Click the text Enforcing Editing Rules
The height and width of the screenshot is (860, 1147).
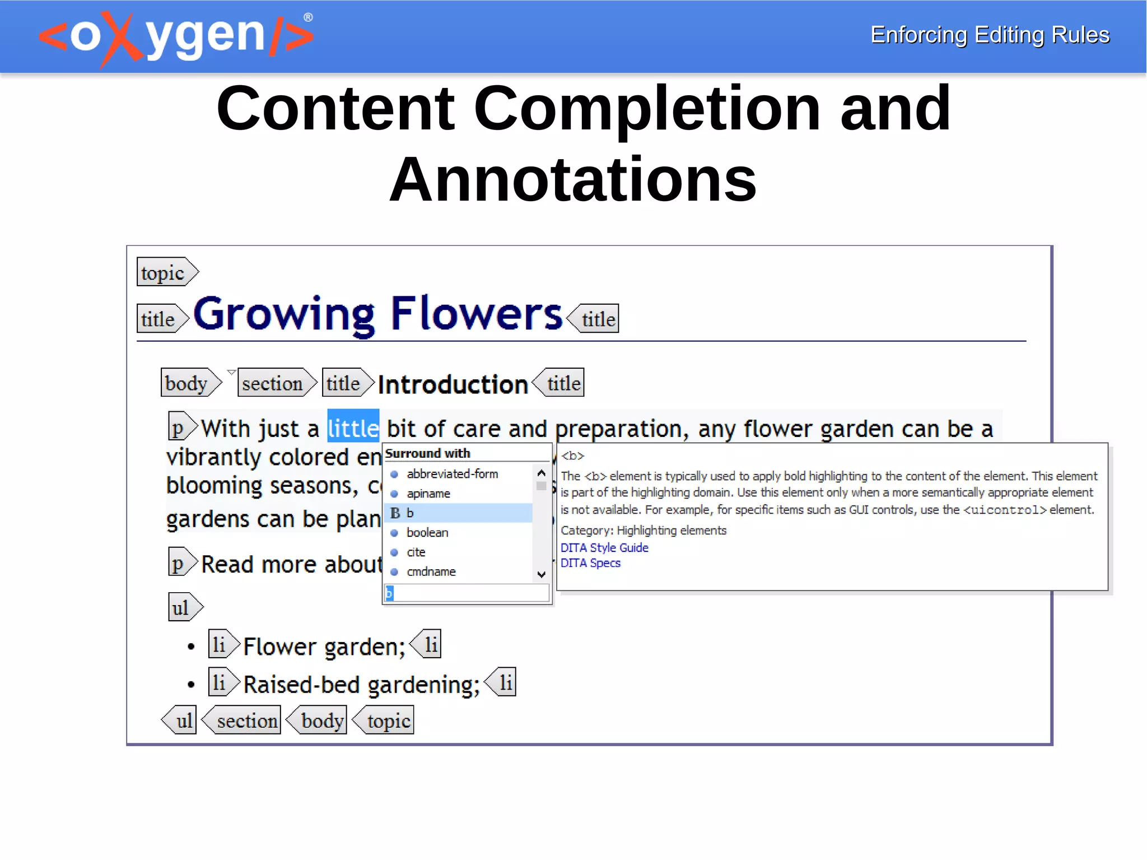pyautogui.click(x=990, y=35)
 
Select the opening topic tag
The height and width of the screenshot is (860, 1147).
pyautogui.click(x=166, y=273)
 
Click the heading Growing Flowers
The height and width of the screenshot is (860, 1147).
pyautogui.click(x=377, y=314)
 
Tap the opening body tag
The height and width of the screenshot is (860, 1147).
pyautogui.click(x=189, y=383)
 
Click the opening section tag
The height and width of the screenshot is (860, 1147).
pyautogui.click(x=275, y=383)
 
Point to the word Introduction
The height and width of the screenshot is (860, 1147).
pyautogui.click(x=453, y=384)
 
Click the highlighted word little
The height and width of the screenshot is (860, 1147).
pyautogui.click(x=353, y=428)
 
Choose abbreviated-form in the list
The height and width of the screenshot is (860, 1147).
pyautogui.click(x=452, y=474)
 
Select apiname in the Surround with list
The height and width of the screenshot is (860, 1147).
pyautogui.click(x=428, y=494)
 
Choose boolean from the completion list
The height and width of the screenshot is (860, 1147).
pyautogui.click(x=427, y=533)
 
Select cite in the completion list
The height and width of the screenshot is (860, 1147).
pyautogui.click(x=416, y=552)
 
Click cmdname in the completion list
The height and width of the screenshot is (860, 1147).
pyautogui.click(x=431, y=572)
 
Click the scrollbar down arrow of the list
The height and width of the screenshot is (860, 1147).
pyautogui.click(x=541, y=574)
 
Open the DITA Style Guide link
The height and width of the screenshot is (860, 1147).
pyautogui.click(x=604, y=548)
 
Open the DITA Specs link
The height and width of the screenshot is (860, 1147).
pyautogui.click(x=590, y=563)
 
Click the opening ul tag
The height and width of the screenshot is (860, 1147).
pyautogui.click(x=184, y=608)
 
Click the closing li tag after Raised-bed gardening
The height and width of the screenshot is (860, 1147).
pyautogui.click(x=502, y=682)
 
